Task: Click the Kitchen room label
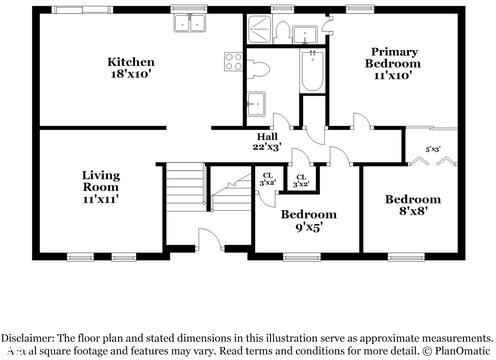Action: click(131, 62)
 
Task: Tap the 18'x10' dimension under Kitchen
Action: click(131, 74)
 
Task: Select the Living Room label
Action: click(100, 180)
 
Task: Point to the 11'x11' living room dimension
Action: click(100, 198)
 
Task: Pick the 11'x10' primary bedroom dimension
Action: click(394, 76)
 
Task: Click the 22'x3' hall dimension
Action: click(267, 148)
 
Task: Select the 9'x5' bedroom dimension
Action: click(301, 227)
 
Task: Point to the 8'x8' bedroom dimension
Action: click(412, 211)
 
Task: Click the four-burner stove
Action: click(233, 60)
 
